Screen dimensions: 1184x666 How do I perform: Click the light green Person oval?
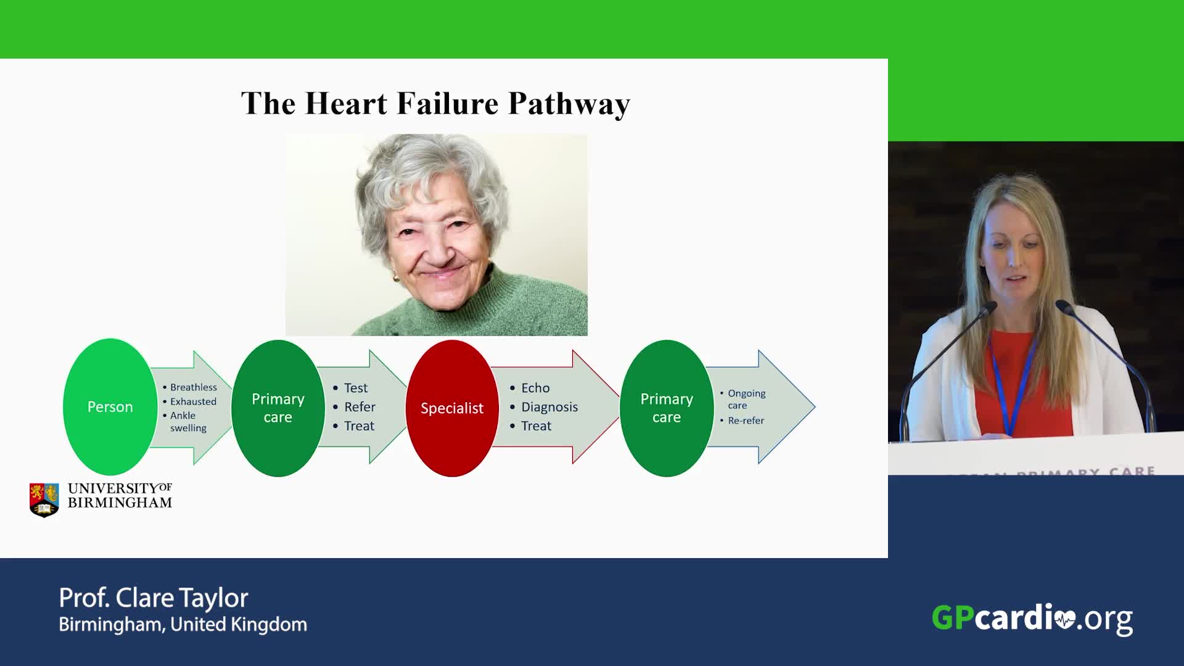(110, 407)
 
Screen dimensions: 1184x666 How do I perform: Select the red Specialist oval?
(452, 408)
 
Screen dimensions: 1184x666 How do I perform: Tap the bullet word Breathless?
(194, 387)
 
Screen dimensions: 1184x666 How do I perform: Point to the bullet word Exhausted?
(193, 401)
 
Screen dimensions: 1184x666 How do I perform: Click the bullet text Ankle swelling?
(188, 422)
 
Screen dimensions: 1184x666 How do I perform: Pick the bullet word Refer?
(360, 407)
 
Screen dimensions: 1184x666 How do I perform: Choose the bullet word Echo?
(535, 388)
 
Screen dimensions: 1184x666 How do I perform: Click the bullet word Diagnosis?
(549, 407)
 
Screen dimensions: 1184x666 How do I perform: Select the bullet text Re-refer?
(746, 421)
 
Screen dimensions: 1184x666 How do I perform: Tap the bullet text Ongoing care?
(746, 399)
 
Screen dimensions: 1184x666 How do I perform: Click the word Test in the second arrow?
(356, 388)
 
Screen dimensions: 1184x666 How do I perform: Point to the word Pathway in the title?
(569, 104)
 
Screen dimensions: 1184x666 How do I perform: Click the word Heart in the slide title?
(347, 103)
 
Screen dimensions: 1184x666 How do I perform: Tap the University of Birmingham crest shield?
(44, 499)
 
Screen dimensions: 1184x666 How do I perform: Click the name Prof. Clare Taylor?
(154, 598)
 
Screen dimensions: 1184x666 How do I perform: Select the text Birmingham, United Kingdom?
(183, 625)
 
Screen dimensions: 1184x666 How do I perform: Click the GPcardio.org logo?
(1032, 619)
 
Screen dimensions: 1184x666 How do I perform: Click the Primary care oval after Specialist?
(667, 408)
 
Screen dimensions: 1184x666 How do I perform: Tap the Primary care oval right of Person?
(278, 408)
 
